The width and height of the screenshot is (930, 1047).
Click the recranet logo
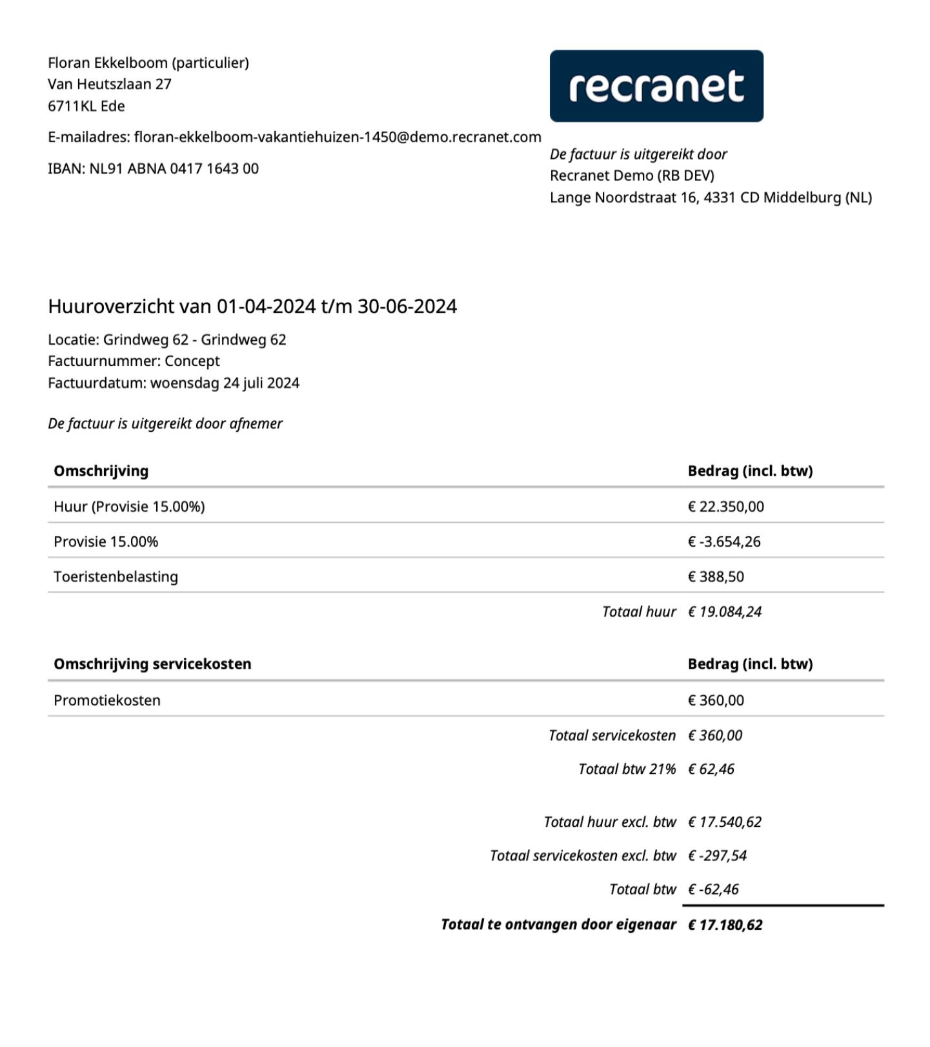point(656,86)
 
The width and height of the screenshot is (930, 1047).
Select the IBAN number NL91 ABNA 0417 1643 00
point(174,169)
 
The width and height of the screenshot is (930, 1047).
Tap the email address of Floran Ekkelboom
point(338,137)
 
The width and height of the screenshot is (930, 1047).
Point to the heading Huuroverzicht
point(111,307)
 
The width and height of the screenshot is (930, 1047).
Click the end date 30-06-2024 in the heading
point(407,307)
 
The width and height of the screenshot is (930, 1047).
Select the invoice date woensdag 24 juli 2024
point(225,383)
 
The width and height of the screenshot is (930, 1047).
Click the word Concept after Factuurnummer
point(192,361)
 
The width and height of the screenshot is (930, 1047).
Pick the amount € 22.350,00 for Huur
point(725,507)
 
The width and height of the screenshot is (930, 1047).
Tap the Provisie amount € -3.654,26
point(724,542)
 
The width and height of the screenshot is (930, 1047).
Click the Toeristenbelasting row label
point(116,577)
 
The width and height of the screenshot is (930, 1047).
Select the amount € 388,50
point(716,577)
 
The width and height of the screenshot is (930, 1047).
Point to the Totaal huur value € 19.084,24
point(724,612)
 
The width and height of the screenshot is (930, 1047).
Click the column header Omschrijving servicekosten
point(152,664)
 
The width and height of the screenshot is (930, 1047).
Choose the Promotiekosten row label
point(107,700)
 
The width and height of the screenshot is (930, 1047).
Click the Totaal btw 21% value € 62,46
point(711,769)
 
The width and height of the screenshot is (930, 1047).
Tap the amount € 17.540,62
point(724,822)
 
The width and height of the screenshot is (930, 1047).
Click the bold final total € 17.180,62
point(725,925)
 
